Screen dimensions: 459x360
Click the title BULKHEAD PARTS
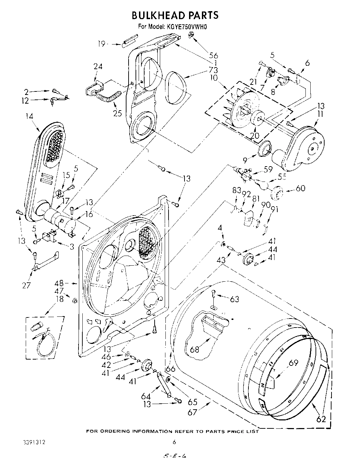[175, 15]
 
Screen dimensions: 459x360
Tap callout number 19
[101, 44]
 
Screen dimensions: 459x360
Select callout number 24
[98, 67]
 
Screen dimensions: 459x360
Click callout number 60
[300, 188]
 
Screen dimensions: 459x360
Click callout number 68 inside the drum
[195, 349]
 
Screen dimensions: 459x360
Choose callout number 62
[321, 419]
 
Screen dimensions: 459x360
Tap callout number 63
[235, 299]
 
